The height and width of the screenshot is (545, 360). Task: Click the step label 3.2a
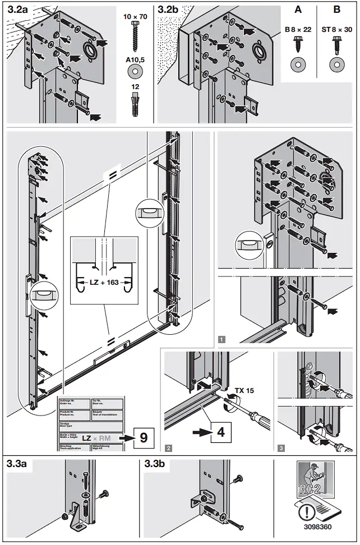tap(19, 10)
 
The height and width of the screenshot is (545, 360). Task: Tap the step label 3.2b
tap(169, 10)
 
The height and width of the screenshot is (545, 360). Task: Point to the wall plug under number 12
tap(135, 104)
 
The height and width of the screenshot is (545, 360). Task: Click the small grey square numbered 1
tap(222, 339)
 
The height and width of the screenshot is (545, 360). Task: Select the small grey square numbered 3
tap(280, 447)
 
